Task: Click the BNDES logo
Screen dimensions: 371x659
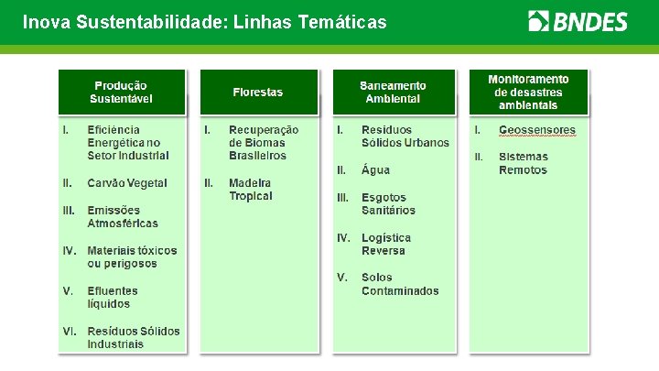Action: click(x=578, y=21)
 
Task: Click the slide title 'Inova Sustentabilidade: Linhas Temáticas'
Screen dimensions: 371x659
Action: click(x=204, y=21)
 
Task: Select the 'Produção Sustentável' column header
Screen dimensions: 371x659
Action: click(x=122, y=92)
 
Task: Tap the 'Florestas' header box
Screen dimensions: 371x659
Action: click(x=258, y=92)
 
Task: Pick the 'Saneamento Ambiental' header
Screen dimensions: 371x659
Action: click(x=393, y=92)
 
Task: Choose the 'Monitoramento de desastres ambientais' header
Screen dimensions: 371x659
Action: click(x=528, y=92)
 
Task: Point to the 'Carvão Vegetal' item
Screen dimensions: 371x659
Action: click(x=127, y=183)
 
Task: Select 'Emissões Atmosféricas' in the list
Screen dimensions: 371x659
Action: click(x=123, y=216)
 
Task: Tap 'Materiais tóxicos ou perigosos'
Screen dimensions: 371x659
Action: click(x=132, y=256)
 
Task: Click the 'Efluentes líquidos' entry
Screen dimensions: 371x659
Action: click(x=113, y=297)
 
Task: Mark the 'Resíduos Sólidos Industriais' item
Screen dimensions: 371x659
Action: click(x=134, y=337)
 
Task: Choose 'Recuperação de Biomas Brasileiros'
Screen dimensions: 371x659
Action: click(x=264, y=143)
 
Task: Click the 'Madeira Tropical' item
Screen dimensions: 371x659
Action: click(x=251, y=190)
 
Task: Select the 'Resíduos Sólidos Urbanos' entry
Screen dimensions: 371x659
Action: click(x=405, y=136)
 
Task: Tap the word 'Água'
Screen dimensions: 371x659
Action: click(x=375, y=169)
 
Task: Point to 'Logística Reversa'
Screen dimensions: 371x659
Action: click(x=386, y=244)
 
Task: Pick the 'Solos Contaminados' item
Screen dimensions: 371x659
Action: click(x=400, y=284)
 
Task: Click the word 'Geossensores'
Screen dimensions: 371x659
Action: click(x=537, y=130)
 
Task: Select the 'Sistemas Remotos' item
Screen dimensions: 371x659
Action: click(x=524, y=163)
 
